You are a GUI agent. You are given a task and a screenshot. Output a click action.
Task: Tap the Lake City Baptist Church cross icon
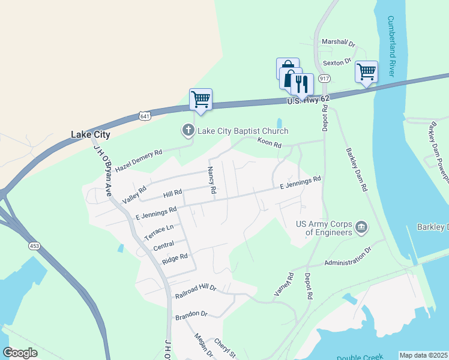click(187, 130)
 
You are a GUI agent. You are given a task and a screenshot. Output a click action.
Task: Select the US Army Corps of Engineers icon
click(362, 227)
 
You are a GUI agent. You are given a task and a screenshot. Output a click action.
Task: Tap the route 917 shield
click(325, 79)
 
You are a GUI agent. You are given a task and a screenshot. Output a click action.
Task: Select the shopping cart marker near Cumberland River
click(366, 72)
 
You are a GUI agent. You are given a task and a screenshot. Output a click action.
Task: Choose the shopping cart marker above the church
click(200, 100)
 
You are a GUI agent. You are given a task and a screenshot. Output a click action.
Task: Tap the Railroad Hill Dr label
click(196, 292)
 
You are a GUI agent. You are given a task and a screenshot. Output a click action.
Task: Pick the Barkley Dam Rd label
click(356, 169)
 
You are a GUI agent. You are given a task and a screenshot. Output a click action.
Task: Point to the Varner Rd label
click(283, 285)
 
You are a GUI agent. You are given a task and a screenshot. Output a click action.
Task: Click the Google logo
click(20, 353)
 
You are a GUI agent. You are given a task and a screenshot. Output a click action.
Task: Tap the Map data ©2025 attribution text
click(423, 355)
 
